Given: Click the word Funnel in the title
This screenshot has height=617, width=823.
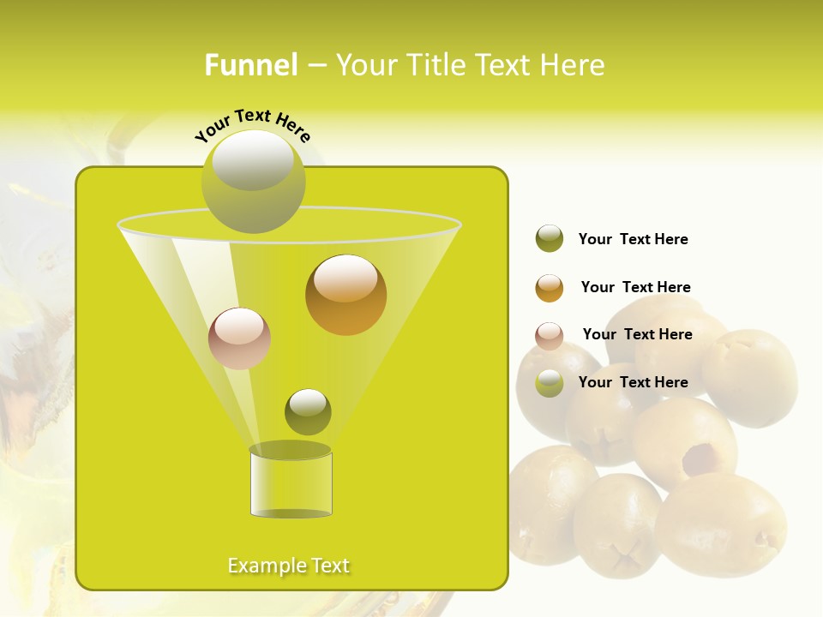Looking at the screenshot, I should point(250,65).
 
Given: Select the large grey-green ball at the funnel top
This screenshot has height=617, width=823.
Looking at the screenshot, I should point(253,182).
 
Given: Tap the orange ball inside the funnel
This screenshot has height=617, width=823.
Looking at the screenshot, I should point(345,295).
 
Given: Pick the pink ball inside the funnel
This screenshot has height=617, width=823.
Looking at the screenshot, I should point(239,338).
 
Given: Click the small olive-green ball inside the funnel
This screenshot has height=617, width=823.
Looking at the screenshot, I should point(308,412).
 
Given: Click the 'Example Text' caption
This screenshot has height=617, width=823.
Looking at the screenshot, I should point(289,566).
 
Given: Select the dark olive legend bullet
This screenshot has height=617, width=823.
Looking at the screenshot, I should point(550,239).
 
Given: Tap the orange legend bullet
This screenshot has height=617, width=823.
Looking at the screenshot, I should point(550,288).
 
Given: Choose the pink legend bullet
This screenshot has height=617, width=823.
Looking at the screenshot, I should point(550,336).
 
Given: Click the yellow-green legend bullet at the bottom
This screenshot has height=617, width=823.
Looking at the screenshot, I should point(550,383).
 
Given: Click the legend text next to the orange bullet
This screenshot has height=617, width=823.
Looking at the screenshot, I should point(635,287).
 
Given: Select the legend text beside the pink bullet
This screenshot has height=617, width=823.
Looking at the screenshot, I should point(637,334).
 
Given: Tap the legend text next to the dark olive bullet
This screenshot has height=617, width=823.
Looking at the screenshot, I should point(633,239).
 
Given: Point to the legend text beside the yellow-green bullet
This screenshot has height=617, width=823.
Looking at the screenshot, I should point(633,382).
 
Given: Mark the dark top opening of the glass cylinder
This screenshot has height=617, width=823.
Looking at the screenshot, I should point(290,450).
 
